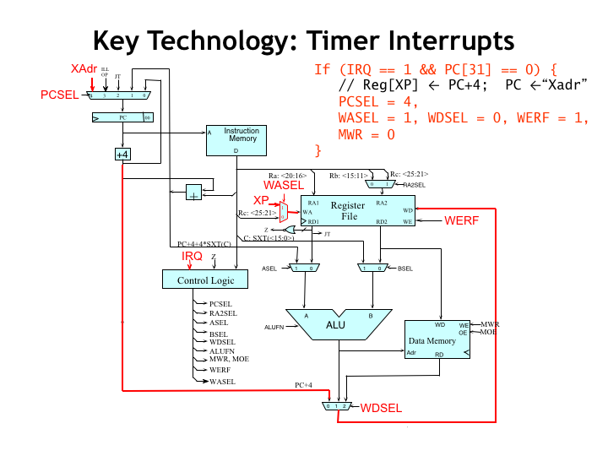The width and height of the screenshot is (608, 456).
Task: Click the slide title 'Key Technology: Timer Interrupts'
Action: coord(303,41)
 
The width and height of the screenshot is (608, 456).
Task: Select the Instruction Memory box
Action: coord(236,140)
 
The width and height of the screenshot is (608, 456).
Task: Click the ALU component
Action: coord(336,324)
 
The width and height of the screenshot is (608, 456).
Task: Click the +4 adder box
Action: coord(122,155)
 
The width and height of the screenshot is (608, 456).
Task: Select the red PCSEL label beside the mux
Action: coord(59,95)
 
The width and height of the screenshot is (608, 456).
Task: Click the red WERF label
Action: coord(462,220)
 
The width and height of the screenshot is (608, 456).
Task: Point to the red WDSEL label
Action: coord(381,408)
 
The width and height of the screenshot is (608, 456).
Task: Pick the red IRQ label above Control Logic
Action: coord(192,255)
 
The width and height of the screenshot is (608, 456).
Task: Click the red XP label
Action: coord(262,199)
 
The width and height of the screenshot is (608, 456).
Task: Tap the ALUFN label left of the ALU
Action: coord(275,326)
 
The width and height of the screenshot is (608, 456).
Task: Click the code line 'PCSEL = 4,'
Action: coord(368,101)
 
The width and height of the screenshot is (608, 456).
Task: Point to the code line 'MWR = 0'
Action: coord(366,134)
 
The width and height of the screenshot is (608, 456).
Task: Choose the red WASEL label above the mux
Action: coord(283,184)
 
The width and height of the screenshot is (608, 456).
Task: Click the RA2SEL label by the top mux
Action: coord(414,184)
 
